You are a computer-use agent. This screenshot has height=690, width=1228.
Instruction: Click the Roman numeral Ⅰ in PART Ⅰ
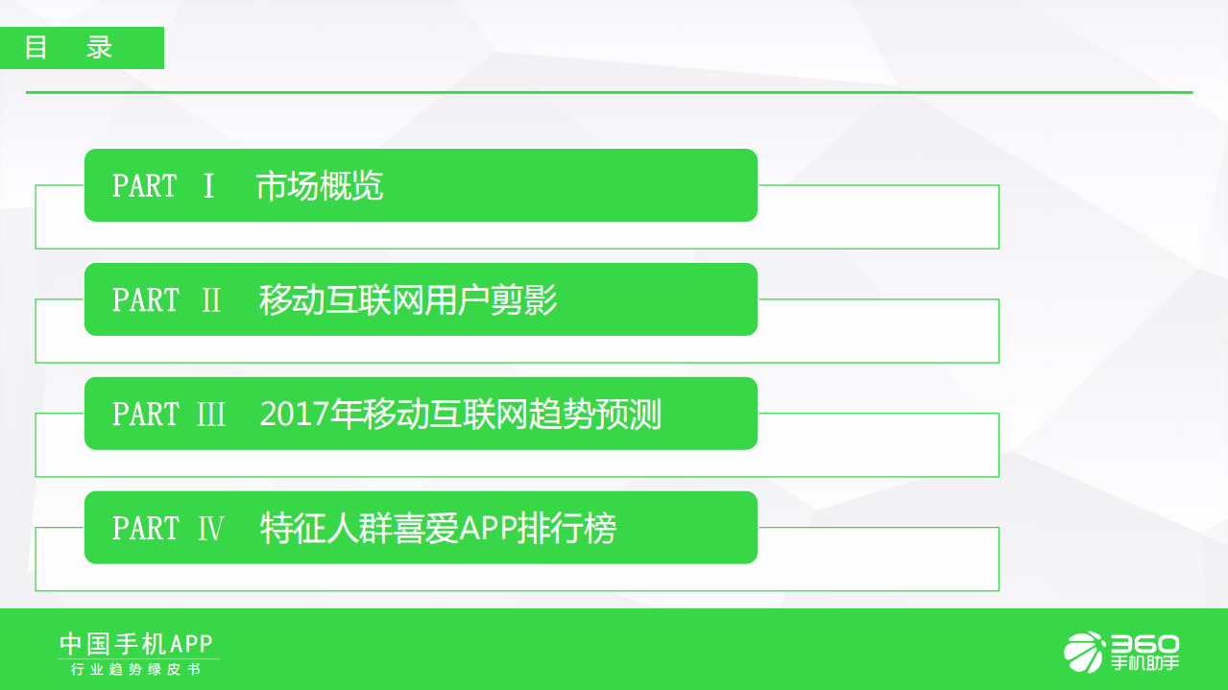(x=208, y=186)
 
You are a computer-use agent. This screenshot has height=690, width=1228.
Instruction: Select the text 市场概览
(x=320, y=186)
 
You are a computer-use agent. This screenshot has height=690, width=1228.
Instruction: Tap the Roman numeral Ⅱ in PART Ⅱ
(x=211, y=300)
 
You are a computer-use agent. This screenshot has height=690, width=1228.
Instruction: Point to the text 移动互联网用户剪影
(x=408, y=300)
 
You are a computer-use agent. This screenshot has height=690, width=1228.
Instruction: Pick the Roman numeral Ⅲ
(x=211, y=415)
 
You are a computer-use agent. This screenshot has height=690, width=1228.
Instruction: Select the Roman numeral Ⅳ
(x=210, y=529)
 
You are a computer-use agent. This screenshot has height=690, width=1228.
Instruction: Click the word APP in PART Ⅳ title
(x=488, y=529)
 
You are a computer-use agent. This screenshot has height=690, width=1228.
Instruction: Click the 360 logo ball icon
(x=1084, y=653)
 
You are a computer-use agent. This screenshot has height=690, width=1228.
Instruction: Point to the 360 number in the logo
(x=1144, y=644)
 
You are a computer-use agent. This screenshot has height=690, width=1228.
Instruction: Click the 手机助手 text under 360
(x=1144, y=664)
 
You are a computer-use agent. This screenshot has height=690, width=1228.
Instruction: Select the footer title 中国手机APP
(x=136, y=643)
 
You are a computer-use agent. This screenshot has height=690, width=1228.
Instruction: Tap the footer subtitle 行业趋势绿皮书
(x=136, y=670)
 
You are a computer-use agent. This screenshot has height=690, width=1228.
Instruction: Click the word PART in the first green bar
(x=145, y=186)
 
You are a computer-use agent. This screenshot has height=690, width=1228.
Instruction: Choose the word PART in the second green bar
(x=145, y=300)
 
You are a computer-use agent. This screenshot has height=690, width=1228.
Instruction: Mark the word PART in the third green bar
(x=145, y=415)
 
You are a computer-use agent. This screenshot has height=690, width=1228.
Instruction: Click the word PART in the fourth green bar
(x=145, y=529)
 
